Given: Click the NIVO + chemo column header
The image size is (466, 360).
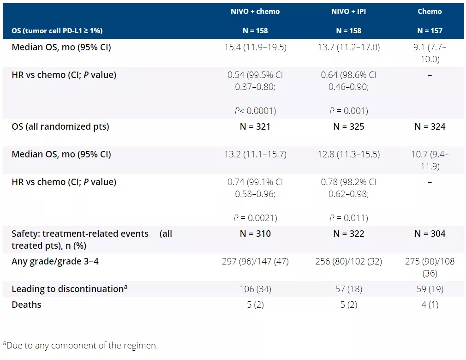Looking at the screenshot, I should tap(255, 12).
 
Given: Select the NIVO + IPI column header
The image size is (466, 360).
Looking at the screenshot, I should tap(349, 12).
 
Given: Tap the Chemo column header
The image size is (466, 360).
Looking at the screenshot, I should tap(430, 12).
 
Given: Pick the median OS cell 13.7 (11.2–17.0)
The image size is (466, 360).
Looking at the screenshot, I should tap(350, 47).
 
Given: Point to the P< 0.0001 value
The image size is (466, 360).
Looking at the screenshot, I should tap(255, 111).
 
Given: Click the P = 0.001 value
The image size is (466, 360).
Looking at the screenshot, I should tap(349, 111).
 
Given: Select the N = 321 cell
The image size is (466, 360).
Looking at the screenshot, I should tap(255, 126).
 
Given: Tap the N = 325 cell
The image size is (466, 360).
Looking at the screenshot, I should tap(349, 126).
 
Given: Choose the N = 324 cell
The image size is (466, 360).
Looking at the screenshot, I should tap(430, 126).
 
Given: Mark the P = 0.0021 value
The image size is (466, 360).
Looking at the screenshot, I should tap(255, 218).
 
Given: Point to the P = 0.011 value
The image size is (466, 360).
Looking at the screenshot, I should tap(349, 218).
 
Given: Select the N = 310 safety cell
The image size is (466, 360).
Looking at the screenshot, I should tap(255, 234).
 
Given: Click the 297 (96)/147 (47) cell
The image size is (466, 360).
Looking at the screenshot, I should tap(255, 262).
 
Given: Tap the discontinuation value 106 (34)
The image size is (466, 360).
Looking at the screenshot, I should tap(255, 289).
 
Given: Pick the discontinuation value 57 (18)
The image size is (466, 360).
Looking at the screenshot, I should tap(349, 289).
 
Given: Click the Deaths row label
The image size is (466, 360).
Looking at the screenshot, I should tap(26, 305).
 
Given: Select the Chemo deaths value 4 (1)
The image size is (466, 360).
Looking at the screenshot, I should tap(430, 305).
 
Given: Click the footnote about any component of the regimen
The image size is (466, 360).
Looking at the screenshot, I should tap(80, 345).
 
